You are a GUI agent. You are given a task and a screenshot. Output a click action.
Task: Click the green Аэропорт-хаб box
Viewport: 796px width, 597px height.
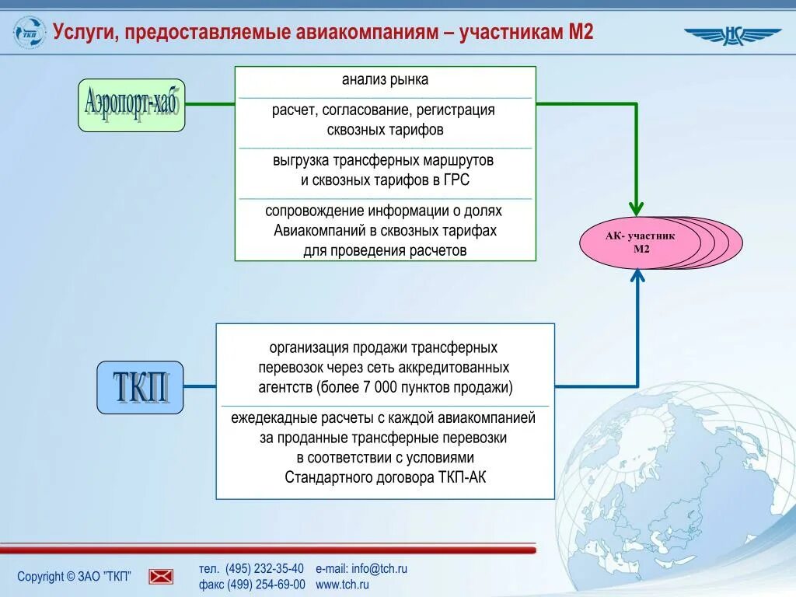pos(131,105)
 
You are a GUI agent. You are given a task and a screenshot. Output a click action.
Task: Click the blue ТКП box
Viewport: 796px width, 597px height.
pos(140,387)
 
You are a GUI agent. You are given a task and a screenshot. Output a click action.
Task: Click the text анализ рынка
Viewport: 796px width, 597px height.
pos(385,79)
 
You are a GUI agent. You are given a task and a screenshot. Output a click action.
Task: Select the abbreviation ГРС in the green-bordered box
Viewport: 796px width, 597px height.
pos(457,180)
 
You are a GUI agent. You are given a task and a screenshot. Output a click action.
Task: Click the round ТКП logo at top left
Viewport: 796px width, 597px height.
pos(30,33)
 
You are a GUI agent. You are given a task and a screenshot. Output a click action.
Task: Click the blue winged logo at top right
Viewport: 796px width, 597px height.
pos(732,36)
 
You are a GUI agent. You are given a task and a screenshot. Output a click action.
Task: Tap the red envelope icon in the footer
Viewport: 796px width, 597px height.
pos(161,576)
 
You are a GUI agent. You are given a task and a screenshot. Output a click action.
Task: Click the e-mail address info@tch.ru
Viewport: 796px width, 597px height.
pos(379,569)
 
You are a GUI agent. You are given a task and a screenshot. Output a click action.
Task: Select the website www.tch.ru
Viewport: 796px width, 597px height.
pos(342,585)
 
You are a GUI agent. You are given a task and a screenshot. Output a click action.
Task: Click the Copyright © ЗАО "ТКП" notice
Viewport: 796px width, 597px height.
pos(74,576)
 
